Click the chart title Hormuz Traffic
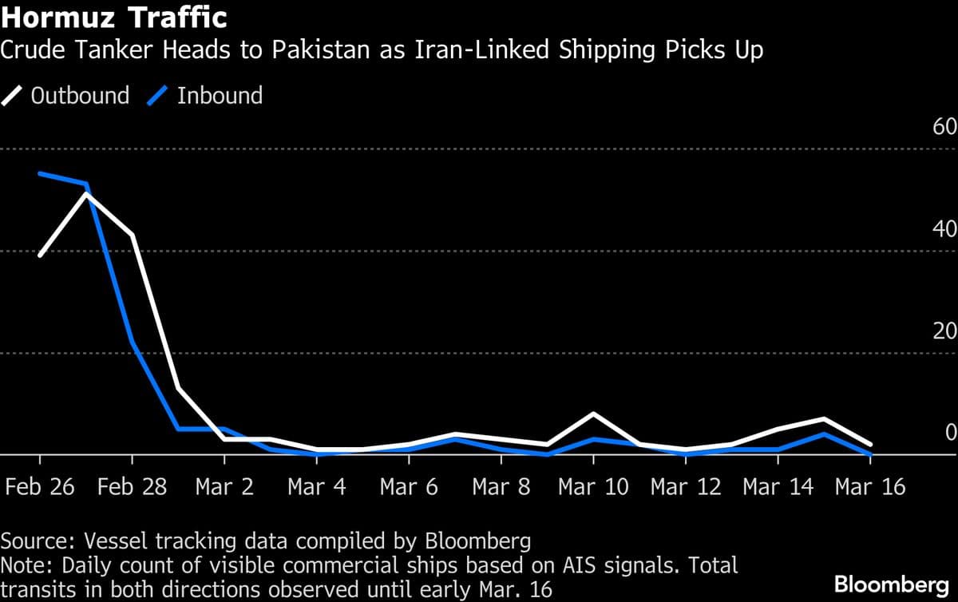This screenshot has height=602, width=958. (x=113, y=17)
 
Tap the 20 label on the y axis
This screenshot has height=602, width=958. (x=944, y=331)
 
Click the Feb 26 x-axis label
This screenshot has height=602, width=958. (x=40, y=487)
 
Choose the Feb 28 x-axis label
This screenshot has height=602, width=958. (x=133, y=487)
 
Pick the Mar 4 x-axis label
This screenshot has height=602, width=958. (x=317, y=487)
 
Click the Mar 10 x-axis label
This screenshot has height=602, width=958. (x=593, y=487)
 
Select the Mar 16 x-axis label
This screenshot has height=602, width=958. (x=870, y=487)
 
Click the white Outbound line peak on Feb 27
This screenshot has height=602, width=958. (x=86, y=194)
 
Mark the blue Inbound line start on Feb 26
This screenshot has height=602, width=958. (x=40, y=173)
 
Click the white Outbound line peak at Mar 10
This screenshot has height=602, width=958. (x=593, y=414)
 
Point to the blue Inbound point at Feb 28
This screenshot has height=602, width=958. (x=133, y=343)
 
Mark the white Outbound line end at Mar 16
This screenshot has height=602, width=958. (x=870, y=444)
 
